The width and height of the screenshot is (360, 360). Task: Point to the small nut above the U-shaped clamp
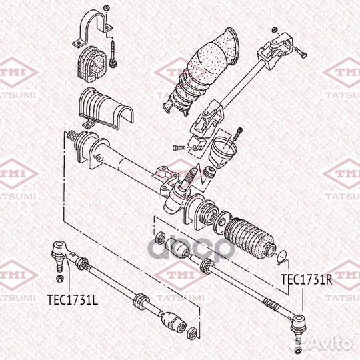[x=105, y=7]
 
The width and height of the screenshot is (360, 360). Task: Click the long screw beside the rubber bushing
[x=115, y=54]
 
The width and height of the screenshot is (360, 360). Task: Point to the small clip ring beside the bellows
[x=283, y=255]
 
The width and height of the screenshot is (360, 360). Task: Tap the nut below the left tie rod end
[x=59, y=278]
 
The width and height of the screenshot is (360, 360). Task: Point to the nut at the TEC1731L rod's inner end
[x=193, y=331]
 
